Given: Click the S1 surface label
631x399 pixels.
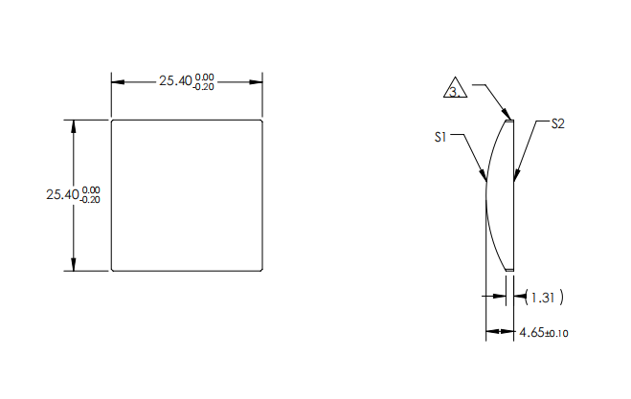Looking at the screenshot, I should [x=441, y=138].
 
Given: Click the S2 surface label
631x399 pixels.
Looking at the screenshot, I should [x=557, y=124].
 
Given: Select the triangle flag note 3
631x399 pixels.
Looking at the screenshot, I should [x=456, y=91].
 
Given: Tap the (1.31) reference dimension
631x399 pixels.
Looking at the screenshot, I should [x=543, y=299].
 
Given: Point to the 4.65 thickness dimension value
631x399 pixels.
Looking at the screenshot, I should [x=530, y=333].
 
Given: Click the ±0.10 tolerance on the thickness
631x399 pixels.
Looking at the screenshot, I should [x=557, y=334].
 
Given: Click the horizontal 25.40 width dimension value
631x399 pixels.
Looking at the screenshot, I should [x=174, y=81].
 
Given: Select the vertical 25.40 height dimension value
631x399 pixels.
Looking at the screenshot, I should [x=62, y=194].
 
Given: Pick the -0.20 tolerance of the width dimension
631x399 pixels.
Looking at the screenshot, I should [x=203, y=87].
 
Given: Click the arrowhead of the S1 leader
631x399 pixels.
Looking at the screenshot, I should [x=485, y=178].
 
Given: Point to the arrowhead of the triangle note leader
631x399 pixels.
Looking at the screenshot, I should [x=511, y=119].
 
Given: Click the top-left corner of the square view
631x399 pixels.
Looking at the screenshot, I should [x=112, y=121].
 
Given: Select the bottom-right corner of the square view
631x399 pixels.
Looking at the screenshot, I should [x=262, y=271].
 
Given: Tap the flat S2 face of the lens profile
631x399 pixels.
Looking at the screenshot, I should [x=515, y=211].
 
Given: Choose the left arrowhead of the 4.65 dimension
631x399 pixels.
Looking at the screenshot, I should [x=489, y=332].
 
